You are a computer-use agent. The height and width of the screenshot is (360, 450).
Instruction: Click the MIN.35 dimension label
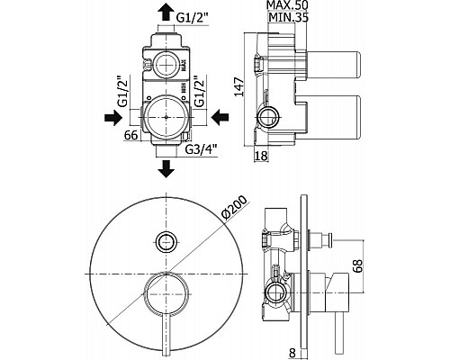click(x=288, y=18)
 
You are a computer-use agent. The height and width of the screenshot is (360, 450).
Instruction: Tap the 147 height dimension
click(x=239, y=87)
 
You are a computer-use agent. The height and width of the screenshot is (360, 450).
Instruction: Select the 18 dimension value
click(x=261, y=156)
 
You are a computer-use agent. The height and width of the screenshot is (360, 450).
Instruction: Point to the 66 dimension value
click(x=130, y=135)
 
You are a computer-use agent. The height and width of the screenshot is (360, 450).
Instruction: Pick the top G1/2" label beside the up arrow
click(x=192, y=18)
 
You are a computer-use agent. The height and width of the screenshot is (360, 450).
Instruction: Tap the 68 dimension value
click(x=357, y=265)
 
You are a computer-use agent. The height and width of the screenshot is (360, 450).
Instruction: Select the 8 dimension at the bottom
click(x=292, y=353)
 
